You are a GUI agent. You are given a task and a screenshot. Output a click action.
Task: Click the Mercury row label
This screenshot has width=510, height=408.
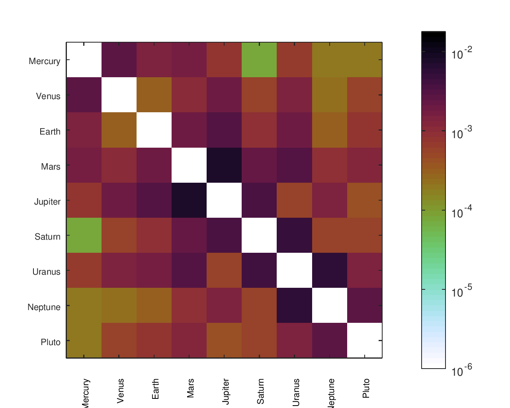coord(45,61)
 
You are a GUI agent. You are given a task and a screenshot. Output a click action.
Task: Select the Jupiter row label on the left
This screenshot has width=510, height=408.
coord(47,202)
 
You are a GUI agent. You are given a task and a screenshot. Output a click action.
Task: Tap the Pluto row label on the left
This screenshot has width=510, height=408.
coord(51,342)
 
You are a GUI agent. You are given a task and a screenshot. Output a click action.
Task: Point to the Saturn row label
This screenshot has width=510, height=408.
coord(47,237)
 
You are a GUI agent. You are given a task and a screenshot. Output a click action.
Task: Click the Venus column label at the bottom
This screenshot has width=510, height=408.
coord(121,391)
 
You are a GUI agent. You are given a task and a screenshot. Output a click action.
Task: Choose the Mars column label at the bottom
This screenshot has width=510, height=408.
coord(190,388)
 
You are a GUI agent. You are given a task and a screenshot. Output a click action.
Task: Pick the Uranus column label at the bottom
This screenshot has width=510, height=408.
coord(296,392)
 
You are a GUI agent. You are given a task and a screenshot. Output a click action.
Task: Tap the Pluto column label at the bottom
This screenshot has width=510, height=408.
coord(366,388)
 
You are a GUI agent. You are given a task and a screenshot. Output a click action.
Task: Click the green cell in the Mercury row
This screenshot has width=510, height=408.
coord(259,60)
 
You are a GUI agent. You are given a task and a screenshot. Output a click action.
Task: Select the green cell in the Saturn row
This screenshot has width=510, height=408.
coord(84,235)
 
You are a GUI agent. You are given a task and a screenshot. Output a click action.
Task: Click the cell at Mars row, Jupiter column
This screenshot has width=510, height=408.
coord(224,165)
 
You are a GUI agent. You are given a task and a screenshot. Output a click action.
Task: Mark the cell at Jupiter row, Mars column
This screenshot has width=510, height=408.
coord(189,200)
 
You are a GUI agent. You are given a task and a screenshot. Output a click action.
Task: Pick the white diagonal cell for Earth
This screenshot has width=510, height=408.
coord(154,130)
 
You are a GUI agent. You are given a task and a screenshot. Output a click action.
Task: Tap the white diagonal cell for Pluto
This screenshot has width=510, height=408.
coord(365,340)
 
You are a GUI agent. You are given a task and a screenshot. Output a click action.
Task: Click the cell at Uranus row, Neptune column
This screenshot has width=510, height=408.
coord(330,270)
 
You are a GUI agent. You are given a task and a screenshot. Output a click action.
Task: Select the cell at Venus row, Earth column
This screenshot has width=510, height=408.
coord(154,95)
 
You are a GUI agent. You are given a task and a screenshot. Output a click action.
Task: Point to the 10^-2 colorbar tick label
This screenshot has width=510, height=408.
coord(462,53)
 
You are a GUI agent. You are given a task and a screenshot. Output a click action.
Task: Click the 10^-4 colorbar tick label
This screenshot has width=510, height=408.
coord(462,212)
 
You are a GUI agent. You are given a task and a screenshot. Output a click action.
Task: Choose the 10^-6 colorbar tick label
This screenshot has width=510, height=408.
coord(462,371)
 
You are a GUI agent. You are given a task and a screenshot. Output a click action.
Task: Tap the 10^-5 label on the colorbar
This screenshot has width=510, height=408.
coord(462,291)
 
